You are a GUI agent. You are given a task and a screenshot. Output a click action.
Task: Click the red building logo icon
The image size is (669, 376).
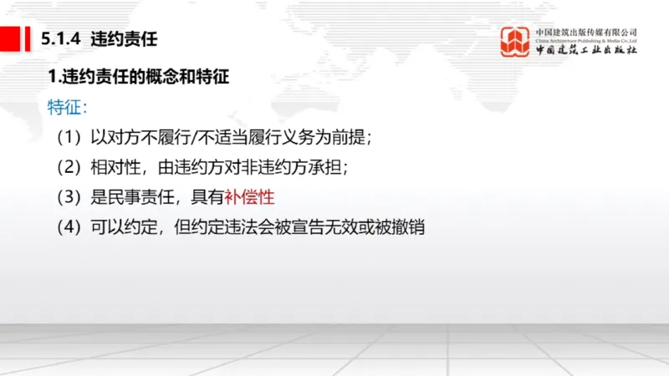pos(515,41)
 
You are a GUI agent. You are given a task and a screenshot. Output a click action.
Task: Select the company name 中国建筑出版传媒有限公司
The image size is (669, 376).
pos(586,32)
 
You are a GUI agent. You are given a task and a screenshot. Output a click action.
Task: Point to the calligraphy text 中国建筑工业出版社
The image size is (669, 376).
pos(586,50)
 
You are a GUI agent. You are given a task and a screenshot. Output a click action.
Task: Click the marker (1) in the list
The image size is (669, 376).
pos(70,137)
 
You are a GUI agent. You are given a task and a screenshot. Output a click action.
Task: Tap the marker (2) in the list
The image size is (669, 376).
pos(70,167)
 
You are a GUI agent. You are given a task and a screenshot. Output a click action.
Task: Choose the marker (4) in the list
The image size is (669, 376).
pos(70,227)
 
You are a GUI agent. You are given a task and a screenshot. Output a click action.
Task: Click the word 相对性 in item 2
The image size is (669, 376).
pos(116,167)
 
